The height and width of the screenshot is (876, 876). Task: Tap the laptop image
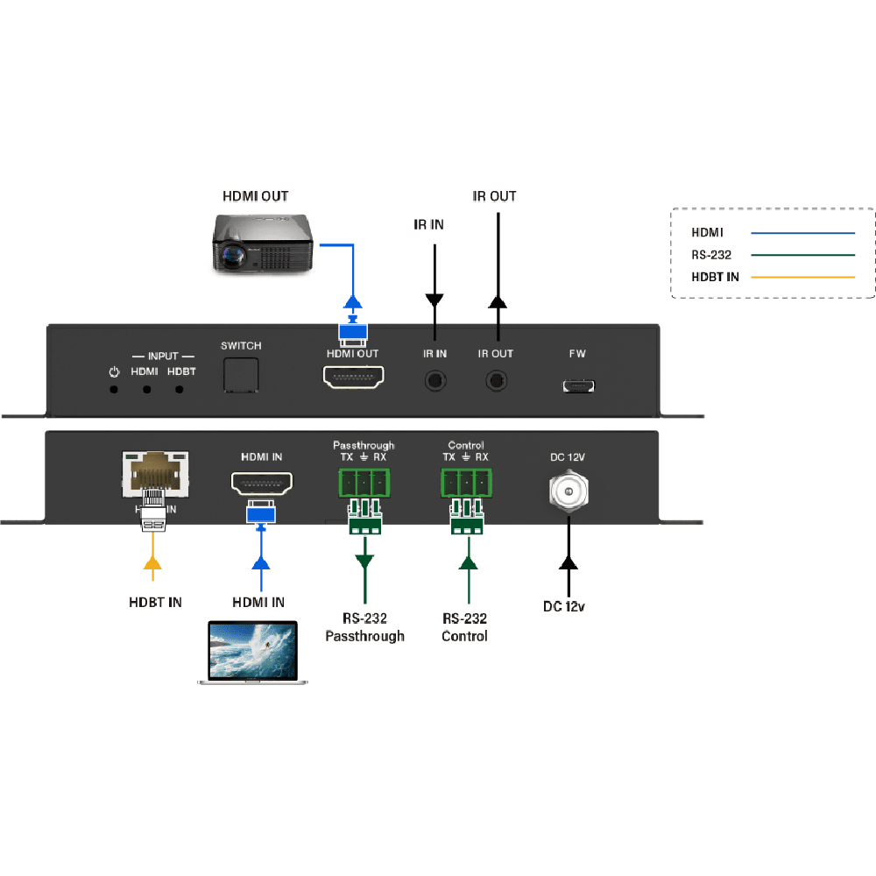tap(252, 653)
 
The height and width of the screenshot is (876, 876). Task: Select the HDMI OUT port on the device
tap(353, 378)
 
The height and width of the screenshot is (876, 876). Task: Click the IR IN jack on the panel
tap(434, 381)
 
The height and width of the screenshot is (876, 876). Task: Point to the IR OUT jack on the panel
tap(497, 381)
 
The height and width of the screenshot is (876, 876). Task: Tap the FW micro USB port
tap(578, 385)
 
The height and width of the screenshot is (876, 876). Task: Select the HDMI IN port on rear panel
tap(261, 484)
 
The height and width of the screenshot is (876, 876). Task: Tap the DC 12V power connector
tap(569, 494)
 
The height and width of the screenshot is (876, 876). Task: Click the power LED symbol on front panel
tap(113, 372)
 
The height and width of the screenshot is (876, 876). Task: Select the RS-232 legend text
tap(712, 255)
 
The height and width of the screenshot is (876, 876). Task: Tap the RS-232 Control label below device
tap(464, 627)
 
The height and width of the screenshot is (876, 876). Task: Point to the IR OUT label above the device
tap(495, 196)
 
